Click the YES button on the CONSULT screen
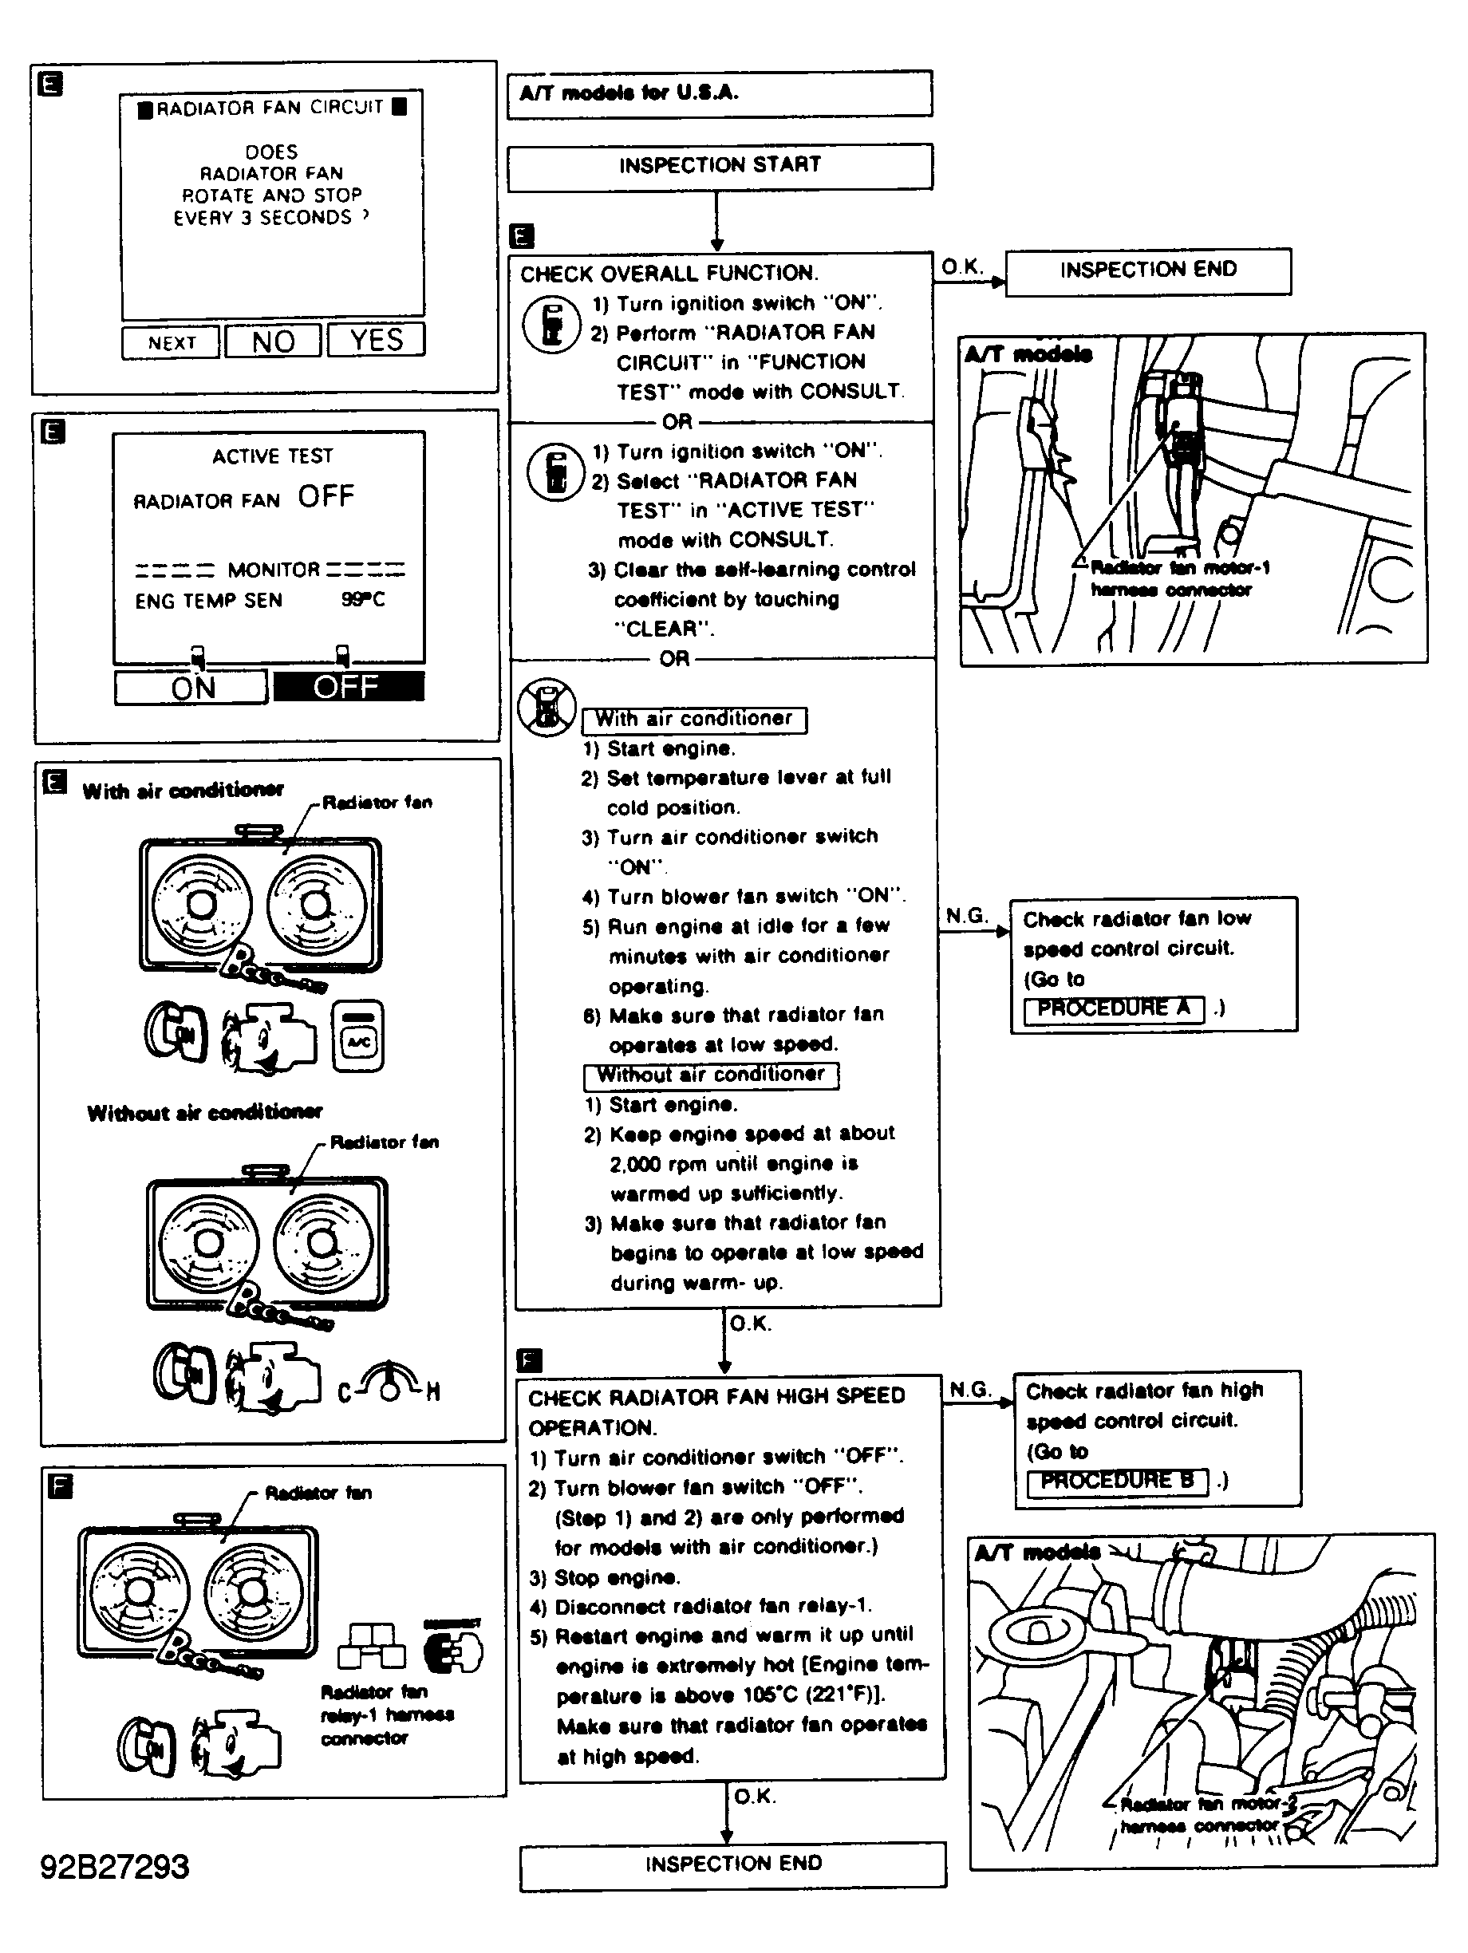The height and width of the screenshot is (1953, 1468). pyautogui.click(x=376, y=340)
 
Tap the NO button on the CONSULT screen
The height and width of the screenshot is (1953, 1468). pyautogui.click(x=273, y=341)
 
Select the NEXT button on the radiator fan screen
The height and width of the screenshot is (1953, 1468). pyautogui.click(x=172, y=342)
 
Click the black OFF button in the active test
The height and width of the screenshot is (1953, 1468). pyautogui.click(x=348, y=687)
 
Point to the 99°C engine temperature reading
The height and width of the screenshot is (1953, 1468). pyautogui.click(x=363, y=599)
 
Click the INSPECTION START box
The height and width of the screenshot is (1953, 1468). pyautogui.click(x=720, y=166)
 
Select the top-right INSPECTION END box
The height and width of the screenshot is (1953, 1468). pyautogui.click(x=1147, y=270)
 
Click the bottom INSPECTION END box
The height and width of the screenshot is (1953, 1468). pyautogui.click(x=732, y=1864)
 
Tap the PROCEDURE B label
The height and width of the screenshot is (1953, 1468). pyautogui.click(x=1117, y=1481)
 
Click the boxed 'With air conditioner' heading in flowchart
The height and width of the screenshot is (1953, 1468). pyautogui.click(x=694, y=720)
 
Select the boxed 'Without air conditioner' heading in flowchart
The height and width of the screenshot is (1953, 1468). pyautogui.click(x=711, y=1075)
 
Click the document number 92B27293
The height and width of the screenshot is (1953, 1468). pyautogui.click(x=115, y=1867)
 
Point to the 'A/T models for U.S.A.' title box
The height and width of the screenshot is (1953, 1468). pyautogui.click(x=719, y=93)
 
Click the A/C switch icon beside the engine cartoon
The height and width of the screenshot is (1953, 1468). pyautogui.click(x=358, y=1036)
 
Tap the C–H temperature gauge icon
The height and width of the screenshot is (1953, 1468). pyautogui.click(x=389, y=1383)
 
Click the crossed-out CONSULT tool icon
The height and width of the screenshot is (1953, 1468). pyautogui.click(x=547, y=707)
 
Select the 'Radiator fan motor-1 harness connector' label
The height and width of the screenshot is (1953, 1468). pyautogui.click(x=1179, y=579)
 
